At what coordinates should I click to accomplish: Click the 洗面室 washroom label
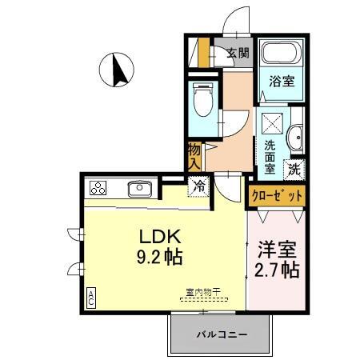tap(270, 157)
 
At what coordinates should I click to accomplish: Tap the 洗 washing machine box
tap(294, 169)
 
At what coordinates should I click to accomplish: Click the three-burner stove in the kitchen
tap(98, 189)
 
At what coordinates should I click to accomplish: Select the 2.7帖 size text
tap(277, 269)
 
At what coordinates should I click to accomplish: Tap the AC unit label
tap(90, 298)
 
